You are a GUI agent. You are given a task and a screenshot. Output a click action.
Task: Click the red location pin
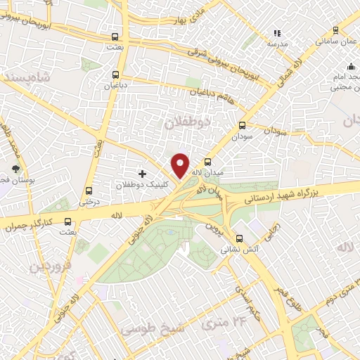[x=181, y=165]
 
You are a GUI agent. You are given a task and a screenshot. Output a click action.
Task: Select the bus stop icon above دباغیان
[x=115, y=74]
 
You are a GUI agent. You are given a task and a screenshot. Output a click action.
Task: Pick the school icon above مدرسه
[x=276, y=32]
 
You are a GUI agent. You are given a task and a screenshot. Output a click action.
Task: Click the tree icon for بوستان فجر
[x=15, y=169]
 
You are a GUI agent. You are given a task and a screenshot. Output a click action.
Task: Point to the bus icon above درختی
[x=89, y=191]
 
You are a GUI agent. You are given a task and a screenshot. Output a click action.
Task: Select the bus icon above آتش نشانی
[x=240, y=238]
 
